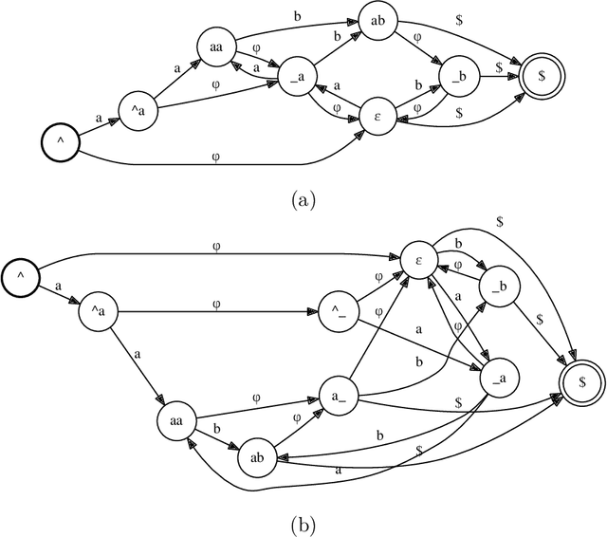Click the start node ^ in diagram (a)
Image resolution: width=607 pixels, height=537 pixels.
pyautogui.click(x=59, y=143)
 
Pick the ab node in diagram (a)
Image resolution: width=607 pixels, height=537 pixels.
pyautogui.click(x=377, y=21)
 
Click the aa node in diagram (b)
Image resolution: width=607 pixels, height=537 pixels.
pyautogui.click(x=177, y=417)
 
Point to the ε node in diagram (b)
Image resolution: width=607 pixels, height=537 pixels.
pyautogui.click(x=418, y=257)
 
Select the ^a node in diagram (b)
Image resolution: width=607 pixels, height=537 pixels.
pyautogui.click(x=98, y=310)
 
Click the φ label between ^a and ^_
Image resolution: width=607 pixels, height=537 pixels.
pyautogui.click(x=216, y=304)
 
